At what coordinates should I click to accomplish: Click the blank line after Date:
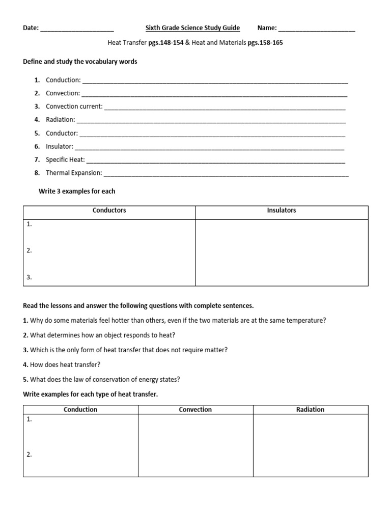76,30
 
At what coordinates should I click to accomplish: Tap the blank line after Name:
317,30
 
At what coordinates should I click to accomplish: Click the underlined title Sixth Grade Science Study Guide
192,28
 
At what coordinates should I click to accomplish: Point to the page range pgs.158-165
265,43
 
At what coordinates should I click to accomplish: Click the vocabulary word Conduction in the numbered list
63,80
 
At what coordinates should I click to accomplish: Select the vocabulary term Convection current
74,107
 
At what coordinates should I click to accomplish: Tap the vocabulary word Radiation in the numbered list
61,120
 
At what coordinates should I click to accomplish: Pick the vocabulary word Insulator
60,146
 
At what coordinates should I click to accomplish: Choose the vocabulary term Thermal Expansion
74,173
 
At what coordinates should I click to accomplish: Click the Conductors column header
109,211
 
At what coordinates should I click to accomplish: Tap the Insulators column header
282,211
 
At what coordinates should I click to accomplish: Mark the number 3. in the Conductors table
29,277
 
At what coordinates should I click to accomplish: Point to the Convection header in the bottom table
195,409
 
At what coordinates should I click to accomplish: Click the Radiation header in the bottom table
310,409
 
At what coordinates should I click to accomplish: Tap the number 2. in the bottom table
29,454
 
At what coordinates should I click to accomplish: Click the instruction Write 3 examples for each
77,191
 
